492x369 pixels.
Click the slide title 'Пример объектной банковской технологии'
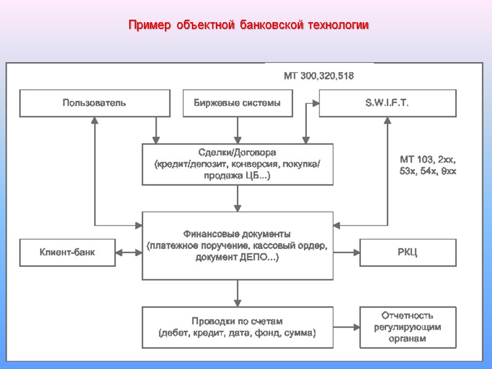(x=248, y=26)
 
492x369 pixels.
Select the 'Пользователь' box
(x=95, y=103)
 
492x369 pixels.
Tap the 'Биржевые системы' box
(x=237, y=103)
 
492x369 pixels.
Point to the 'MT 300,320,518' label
(x=319, y=76)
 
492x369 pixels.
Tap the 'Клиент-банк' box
(x=68, y=252)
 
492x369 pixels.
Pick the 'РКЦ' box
(x=407, y=252)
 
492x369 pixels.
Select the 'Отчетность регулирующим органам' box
(x=407, y=327)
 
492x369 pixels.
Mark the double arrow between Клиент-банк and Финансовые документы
(x=129, y=252)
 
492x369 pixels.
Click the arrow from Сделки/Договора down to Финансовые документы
(x=237, y=198)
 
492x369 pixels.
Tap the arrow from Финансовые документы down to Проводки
(x=237, y=293)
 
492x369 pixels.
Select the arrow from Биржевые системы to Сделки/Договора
(x=237, y=130)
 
